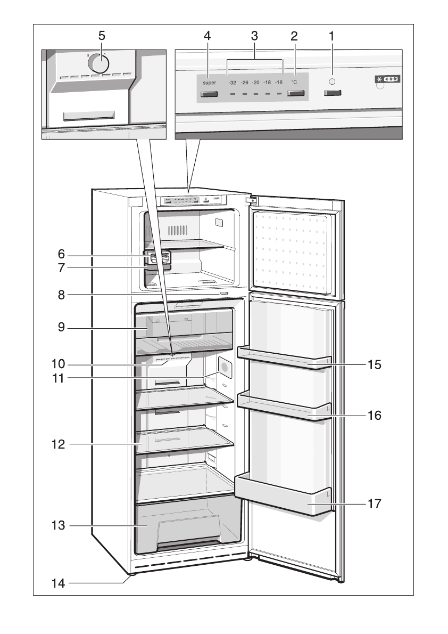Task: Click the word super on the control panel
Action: pyautogui.click(x=209, y=83)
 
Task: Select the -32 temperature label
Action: pyautogui.click(x=232, y=83)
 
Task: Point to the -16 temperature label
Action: pyautogui.click(x=278, y=83)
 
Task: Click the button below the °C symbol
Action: pyautogui.click(x=295, y=94)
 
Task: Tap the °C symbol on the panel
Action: pyautogui.click(x=294, y=83)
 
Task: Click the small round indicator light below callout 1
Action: pyautogui.click(x=333, y=82)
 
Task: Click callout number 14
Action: pyautogui.click(x=58, y=583)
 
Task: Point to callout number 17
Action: pyautogui.click(x=375, y=503)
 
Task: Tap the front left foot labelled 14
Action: pyautogui.click(x=131, y=574)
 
